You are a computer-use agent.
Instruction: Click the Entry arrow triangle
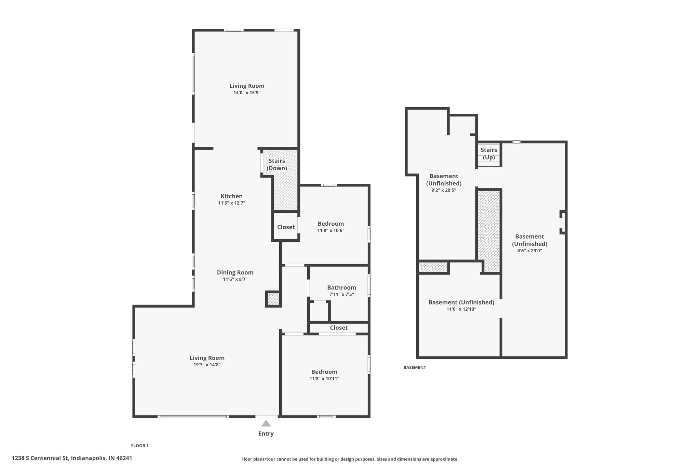(x=266, y=423)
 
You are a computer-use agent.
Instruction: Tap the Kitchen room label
(x=232, y=196)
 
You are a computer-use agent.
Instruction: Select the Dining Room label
(x=235, y=272)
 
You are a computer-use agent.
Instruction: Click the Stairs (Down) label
(x=277, y=165)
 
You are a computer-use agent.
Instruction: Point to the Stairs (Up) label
(x=489, y=154)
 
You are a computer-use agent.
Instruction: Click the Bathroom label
(x=341, y=288)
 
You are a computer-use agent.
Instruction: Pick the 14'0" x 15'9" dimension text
(x=247, y=93)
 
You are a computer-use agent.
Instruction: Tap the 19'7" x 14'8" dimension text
(x=207, y=365)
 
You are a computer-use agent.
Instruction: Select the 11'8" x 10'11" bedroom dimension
(x=324, y=379)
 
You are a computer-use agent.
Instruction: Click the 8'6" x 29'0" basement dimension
(x=529, y=251)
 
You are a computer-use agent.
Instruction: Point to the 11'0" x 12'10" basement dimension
(x=461, y=309)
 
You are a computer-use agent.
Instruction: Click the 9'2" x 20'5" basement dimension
(x=444, y=190)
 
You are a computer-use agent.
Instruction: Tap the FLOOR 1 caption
(x=140, y=446)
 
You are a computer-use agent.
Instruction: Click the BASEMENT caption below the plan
(x=415, y=368)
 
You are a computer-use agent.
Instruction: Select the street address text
(x=72, y=458)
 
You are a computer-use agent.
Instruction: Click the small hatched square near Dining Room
(x=273, y=299)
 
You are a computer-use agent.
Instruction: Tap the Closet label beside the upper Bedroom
(x=286, y=227)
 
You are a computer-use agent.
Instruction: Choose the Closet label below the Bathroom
(x=339, y=328)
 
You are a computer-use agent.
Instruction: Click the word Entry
(x=266, y=434)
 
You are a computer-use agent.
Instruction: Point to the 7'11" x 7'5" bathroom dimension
(x=341, y=294)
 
